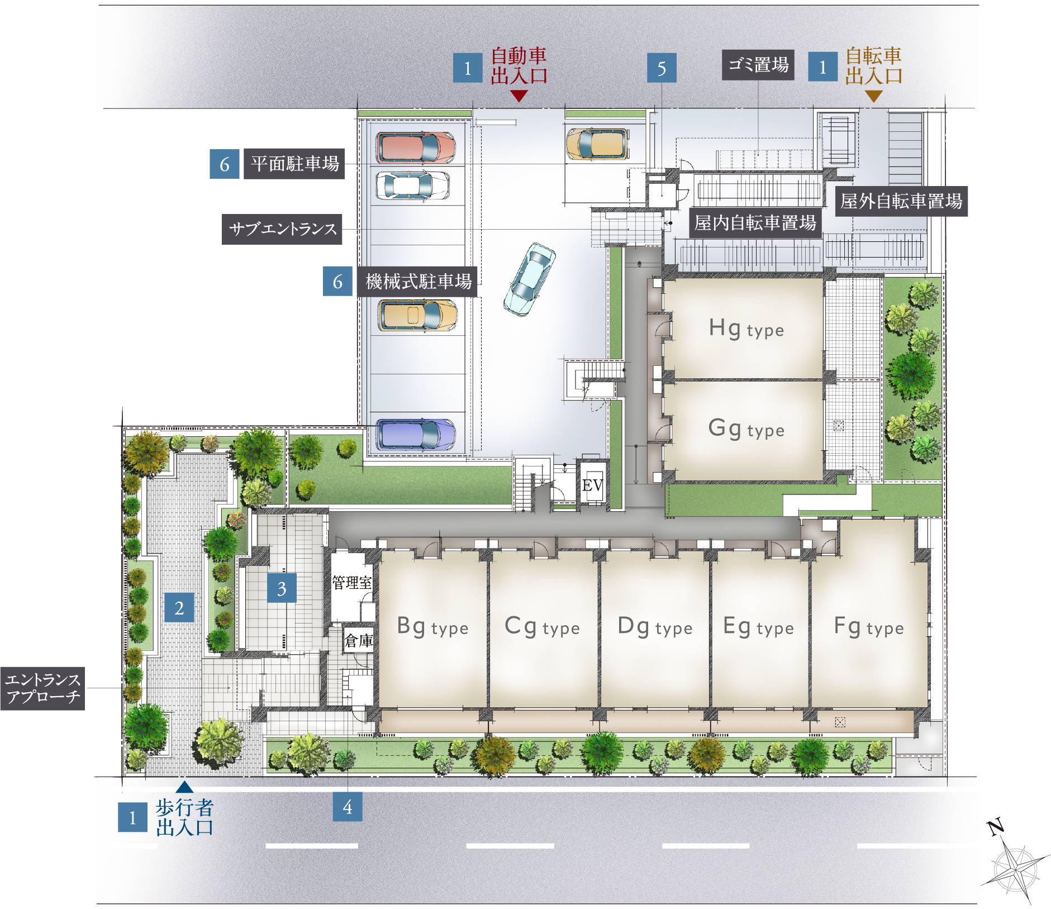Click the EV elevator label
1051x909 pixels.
tap(592, 485)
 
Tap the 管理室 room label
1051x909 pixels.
tap(352, 583)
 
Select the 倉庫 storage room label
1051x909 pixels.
tap(358, 640)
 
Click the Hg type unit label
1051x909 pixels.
tap(746, 329)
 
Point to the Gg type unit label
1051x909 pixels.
tap(746, 429)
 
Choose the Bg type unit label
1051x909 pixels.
tap(432, 627)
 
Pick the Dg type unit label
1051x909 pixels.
tap(655, 627)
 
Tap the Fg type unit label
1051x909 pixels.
tap(869, 627)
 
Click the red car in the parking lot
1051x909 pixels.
tap(416, 147)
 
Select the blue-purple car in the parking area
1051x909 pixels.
tap(416, 434)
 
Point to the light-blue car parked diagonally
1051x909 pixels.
tap(529, 279)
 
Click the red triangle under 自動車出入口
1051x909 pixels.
tap(519, 96)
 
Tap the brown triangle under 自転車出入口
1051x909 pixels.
tap(873, 96)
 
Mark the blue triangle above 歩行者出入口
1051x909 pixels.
tap(184, 787)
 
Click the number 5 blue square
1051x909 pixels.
tap(662, 68)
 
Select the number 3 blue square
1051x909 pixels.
tap(282, 588)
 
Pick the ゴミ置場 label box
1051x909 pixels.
tap(758, 65)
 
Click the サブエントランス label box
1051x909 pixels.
tap(282, 229)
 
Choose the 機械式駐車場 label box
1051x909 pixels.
tap(417, 281)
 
